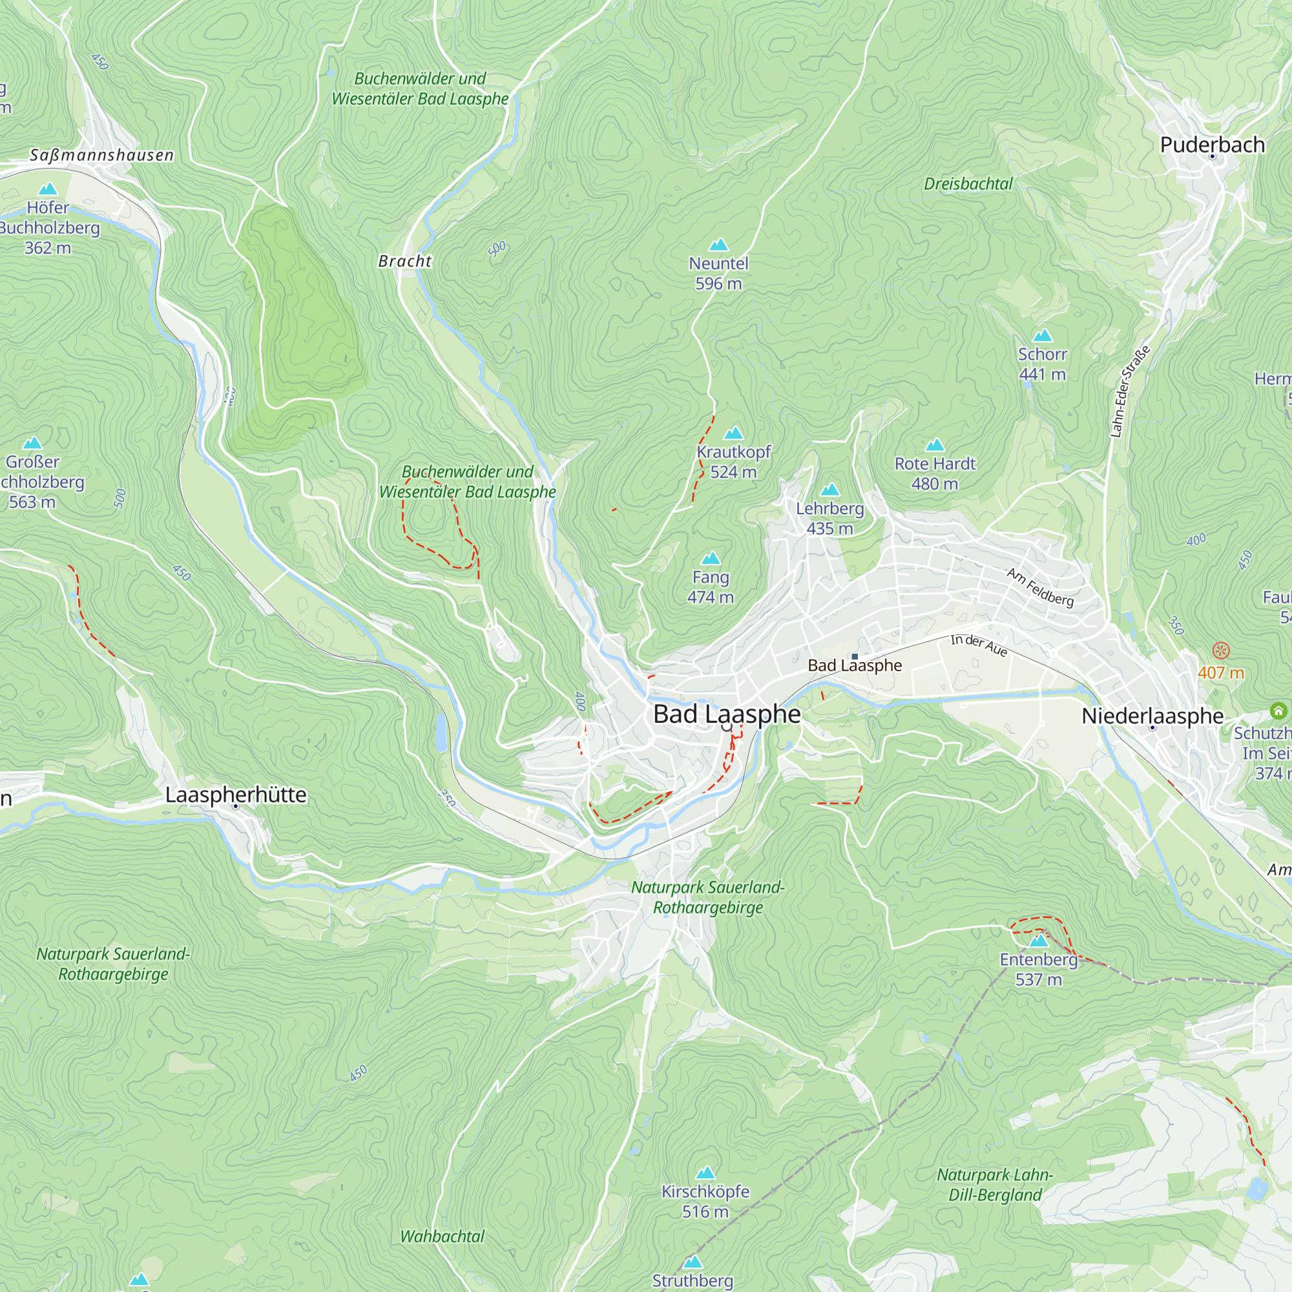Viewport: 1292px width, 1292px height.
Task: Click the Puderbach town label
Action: (1212, 145)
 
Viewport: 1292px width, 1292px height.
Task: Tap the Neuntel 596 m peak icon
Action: (718, 245)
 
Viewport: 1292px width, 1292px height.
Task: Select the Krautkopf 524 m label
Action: (734, 461)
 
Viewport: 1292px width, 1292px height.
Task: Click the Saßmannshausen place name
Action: (101, 155)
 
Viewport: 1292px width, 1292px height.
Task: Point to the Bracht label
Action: (404, 262)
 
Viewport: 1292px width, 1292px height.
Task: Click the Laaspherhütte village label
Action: (235, 795)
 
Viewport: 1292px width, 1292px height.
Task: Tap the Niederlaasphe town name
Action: (1152, 716)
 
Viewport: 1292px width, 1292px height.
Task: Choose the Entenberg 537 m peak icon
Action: (1038, 941)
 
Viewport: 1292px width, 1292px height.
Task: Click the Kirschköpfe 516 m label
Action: (705, 1201)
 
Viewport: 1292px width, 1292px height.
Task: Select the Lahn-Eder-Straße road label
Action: (1129, 392)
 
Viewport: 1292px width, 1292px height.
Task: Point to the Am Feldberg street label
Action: (1040, 587)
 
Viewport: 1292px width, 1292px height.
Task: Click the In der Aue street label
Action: (978, 645)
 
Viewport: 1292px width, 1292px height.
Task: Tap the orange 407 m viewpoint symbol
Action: (1220, 650)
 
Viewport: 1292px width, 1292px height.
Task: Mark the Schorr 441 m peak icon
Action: (1042, 336)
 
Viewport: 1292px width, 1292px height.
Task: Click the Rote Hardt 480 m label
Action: (935, 473)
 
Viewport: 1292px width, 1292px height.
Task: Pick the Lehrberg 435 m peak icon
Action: (829, 490)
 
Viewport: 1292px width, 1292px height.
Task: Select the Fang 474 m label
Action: (710, 587)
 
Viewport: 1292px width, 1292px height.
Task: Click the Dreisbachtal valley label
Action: (968, 184)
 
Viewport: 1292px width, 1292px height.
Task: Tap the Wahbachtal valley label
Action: (441, 1236)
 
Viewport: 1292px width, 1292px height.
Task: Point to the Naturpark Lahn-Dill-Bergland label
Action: (994, 1184)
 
